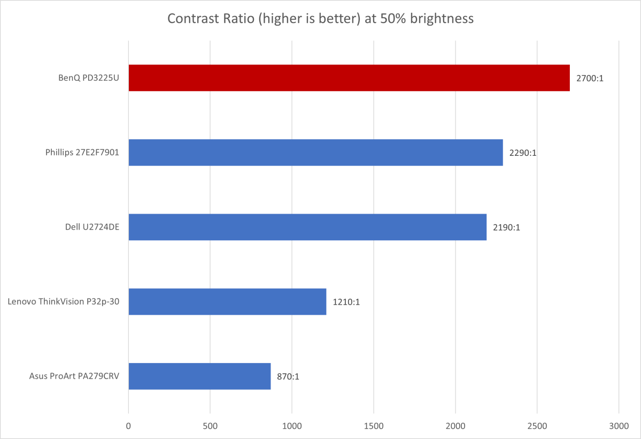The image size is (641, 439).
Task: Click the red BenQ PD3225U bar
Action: (x=349, y=78)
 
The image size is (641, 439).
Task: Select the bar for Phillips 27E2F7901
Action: (x=315, y=153)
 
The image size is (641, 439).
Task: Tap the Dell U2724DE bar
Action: (x=307, y=227)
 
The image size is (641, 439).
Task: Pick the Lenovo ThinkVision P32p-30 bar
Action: (x=227, y=301)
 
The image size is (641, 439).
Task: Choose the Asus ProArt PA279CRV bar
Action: (x=199, y=376)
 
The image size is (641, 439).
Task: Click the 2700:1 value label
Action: (x=590, y=78)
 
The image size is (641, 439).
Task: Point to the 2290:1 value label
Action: (x=523, y=153)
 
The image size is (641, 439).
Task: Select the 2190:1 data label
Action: (x=506, y=227)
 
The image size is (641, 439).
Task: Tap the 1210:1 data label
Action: (x=346, y=301)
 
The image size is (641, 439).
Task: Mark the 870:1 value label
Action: (x=288, y=376)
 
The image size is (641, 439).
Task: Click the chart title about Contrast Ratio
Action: (x=320, y=19)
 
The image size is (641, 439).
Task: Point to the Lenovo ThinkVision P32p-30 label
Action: (x=64, y=301)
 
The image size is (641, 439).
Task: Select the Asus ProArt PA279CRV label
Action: (x=74, y=376)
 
